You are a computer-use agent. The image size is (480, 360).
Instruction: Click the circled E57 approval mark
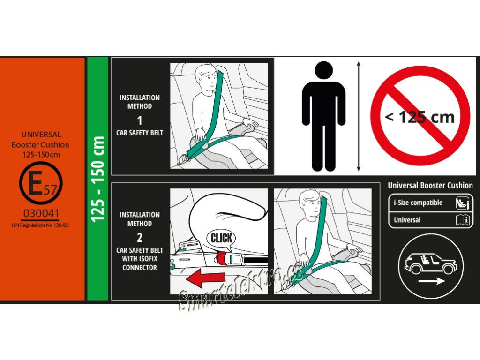pos(41,183)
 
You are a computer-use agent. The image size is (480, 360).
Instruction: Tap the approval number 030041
pos(41,213)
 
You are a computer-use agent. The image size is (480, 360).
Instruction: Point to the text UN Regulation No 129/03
pos(40,225)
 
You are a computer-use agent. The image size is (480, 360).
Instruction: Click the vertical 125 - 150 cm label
pos(98,179)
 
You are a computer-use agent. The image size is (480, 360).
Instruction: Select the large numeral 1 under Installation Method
pos(140,120)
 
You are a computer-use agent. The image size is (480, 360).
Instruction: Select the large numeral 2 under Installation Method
pos(140,238)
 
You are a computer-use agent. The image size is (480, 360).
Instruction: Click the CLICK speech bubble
pos(221,239)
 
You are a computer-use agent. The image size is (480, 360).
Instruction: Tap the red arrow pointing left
pos(205,278)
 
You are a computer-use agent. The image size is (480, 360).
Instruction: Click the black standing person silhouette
pos(324,116)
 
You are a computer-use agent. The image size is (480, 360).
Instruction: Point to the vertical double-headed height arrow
pos(359,116)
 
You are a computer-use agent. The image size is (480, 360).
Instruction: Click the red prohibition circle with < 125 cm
pos(420,116)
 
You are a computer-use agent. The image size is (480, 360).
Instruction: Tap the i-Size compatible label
pos(418,202)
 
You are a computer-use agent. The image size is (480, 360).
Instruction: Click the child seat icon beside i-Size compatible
pos(463,203)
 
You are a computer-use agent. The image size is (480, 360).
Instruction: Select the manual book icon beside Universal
pos(463,220)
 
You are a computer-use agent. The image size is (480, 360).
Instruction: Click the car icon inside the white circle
pos(431,264)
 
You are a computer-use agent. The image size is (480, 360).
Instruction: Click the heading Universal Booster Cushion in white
pos(430,185)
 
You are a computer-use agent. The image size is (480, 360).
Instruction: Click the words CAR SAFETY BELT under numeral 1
pos(140,133)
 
